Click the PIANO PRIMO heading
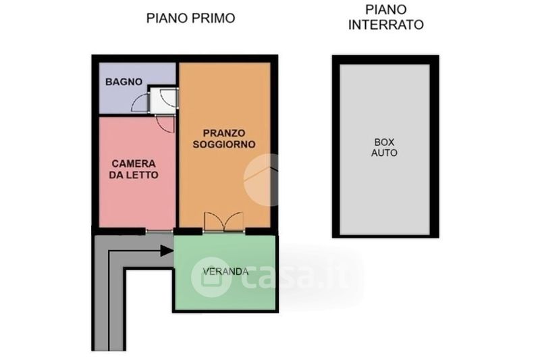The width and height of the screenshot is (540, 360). tap(191, 18)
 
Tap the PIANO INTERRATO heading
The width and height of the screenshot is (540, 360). tap(385, 18)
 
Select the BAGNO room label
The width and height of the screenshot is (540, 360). tap(124, 82)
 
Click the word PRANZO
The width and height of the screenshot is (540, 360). tap(224, 133)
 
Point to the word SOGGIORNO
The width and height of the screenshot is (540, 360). tap(224, 144)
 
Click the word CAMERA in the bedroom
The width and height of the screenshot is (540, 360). tap(134, 163)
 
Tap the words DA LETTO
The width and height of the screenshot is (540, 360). tap(134, 175)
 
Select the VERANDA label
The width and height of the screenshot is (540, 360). tap(225, 272)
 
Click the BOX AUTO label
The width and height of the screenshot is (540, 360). tap(384, 147)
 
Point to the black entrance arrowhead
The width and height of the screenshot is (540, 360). tap(167, 251)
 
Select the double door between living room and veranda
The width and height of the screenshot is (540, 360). tap(224, 222)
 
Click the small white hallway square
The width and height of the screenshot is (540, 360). tap(165, 100)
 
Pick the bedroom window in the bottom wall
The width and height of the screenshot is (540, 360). tap(159, 231)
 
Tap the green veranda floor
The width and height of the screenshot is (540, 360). tap(225, 289)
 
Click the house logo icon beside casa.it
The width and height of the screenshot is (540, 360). tap(211, 277)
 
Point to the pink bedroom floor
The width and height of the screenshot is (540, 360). tap(137, 200)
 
